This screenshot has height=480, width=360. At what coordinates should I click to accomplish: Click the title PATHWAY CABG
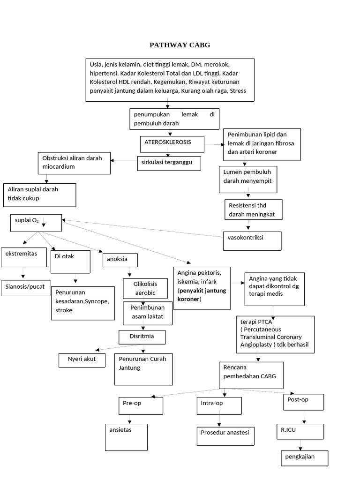click(x=180, y=45)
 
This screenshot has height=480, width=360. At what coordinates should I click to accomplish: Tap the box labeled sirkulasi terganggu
click(x=169, y=163)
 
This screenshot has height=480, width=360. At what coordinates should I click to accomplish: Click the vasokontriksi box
click(x=252, y=241)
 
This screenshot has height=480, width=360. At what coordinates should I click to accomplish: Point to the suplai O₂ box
click(x=36, y=223)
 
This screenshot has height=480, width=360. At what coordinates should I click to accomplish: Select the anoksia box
click(x=120, y=260)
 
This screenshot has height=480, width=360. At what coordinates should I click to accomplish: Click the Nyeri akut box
click(x=82, y=360)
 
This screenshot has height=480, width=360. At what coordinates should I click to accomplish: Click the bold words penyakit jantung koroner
click(x=202, y=295)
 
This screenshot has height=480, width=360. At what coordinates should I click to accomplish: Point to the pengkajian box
click(x=304, y=458)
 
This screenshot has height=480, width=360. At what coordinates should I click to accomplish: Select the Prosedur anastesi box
click(x=225, y=435)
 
